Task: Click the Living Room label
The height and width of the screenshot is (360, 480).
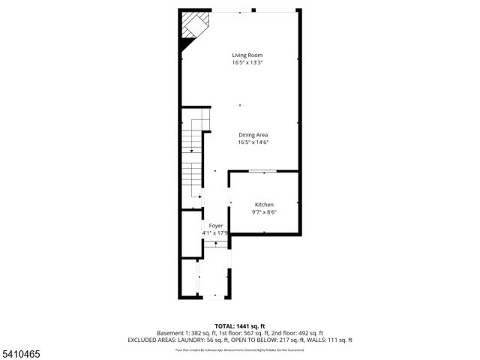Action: point(247,55)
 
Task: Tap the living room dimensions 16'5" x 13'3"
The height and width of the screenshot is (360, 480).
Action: point(247,62)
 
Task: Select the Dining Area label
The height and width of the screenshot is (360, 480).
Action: point(253,134)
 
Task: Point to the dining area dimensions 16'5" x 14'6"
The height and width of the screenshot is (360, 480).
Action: point(253,142)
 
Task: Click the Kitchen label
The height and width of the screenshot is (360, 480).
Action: point(264,205)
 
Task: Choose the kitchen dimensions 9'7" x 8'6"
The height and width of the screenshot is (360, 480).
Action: point(264,212)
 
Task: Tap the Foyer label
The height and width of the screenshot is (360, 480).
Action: point(216,225)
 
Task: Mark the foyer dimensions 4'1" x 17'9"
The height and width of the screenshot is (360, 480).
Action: point(215,232)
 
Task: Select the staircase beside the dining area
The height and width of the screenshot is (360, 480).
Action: point(193,157)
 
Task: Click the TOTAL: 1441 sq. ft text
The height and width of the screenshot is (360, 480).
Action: point(240,325)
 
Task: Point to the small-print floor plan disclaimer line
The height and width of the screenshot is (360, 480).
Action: point(240,349)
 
